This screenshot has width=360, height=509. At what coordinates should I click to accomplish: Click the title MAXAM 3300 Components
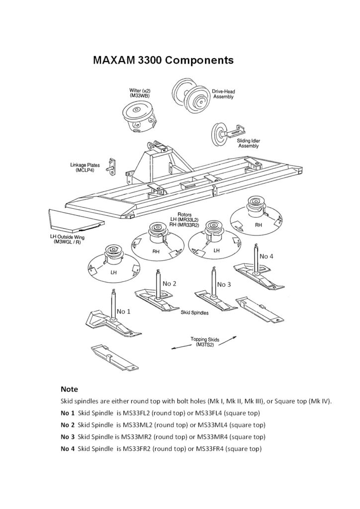click(x=163, y=61)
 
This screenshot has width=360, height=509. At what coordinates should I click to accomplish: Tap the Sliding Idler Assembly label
click(x=249, y=144)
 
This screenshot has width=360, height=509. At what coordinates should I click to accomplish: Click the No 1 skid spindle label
click(x=124, y=312)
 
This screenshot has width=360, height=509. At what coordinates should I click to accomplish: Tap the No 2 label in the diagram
click(x=170, y=283)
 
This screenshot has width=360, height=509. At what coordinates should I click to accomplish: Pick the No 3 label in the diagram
click(x=224, y=284)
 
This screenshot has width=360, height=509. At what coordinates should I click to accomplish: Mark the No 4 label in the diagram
click(x=267, y=256)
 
